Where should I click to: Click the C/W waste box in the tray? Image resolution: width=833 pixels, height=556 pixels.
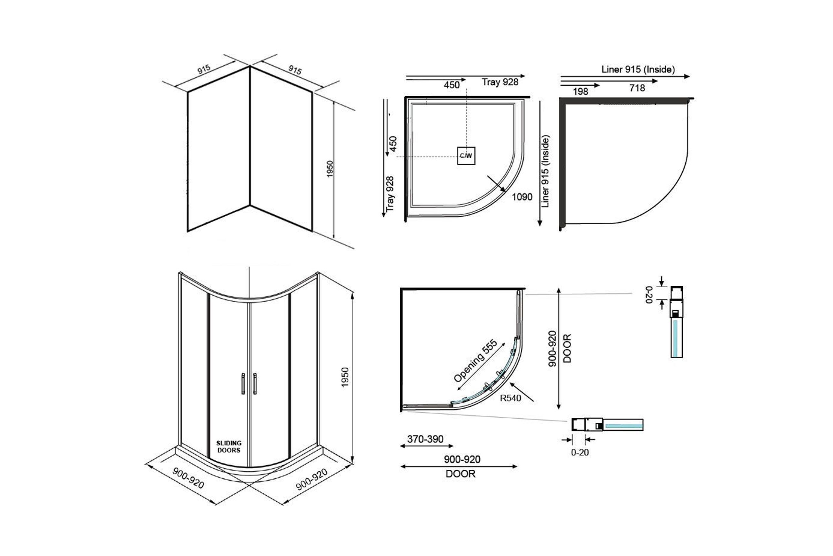(466, 156)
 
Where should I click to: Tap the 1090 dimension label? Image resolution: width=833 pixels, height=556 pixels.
(522, 197)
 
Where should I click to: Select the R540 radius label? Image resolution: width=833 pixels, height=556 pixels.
(510, 398)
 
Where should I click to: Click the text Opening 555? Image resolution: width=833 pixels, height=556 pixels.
(475, 361)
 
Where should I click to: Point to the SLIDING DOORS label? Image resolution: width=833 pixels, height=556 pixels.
(229, 446)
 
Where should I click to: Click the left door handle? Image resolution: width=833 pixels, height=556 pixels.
(243, 384)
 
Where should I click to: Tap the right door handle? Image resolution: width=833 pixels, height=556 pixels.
(255, 384)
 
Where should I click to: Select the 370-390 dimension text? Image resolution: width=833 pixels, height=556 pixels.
(425, 439)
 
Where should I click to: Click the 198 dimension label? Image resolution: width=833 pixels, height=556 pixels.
(581, 91)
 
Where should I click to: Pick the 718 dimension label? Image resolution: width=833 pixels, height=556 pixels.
(637, 88)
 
